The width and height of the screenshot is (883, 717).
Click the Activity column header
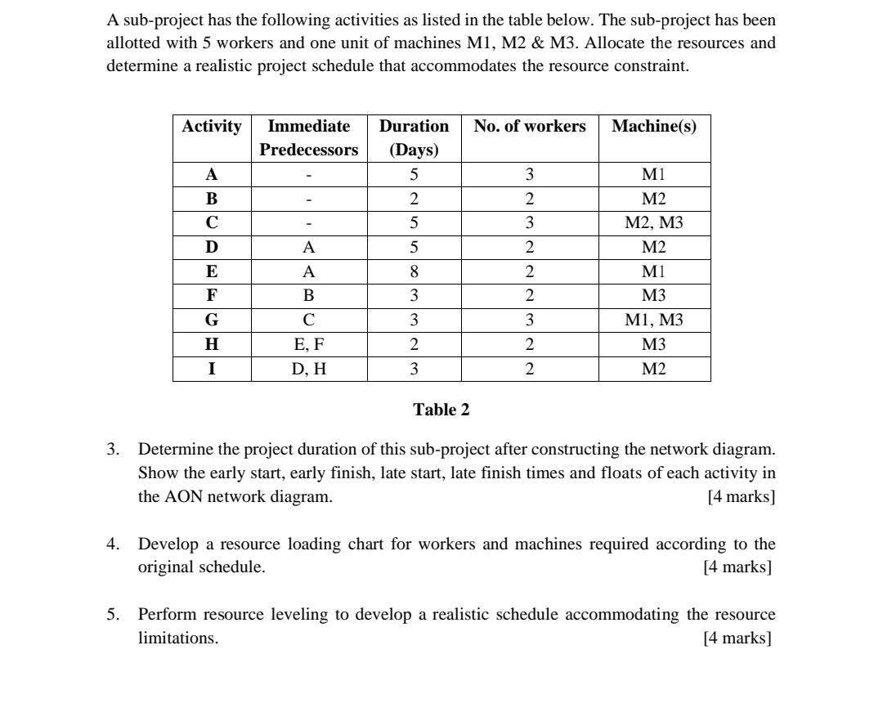click(212, 127)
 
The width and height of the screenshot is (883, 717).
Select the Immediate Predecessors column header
click(308, 138)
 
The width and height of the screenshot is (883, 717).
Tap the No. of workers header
click(530, 127)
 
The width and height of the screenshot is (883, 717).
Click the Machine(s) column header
click(654, 127)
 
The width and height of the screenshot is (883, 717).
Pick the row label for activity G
click(212, 320)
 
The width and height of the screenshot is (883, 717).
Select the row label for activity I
click(212, 370)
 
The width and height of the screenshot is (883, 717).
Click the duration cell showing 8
click(414, 271)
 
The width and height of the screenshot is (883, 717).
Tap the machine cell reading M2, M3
click(654, 223)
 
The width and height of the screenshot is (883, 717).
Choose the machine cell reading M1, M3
click(654, 320)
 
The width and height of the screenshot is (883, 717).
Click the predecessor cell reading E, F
click(308, 345)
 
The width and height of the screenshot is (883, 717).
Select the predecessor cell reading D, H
click(308, 370)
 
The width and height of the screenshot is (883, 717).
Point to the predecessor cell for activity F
click(308, 296)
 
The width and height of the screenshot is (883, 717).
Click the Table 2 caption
click(441, 410)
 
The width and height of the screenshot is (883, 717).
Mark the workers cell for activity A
click(530, 174)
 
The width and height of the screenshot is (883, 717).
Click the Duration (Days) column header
click(414, 138)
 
